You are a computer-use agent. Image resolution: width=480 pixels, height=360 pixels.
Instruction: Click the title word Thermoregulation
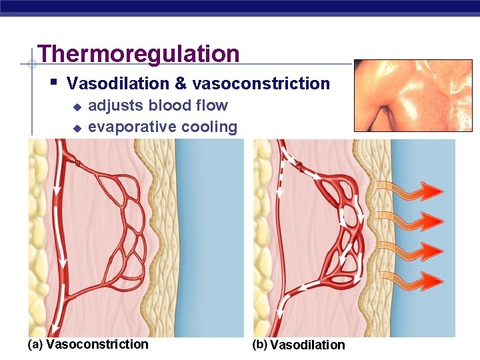coord(139,54)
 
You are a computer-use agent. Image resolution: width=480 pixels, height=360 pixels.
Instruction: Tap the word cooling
coord(209,127)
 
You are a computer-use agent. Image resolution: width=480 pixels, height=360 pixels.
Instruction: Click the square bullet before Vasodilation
coord(53,83)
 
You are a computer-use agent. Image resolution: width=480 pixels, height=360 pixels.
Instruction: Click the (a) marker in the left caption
coord(36,344)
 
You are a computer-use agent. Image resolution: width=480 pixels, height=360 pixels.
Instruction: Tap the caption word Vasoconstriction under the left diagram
coord(97,344)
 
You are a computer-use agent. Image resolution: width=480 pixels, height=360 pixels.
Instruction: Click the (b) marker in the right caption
coord(259,344)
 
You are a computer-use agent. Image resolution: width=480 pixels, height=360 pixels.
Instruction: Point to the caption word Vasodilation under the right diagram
coord(308,345)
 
